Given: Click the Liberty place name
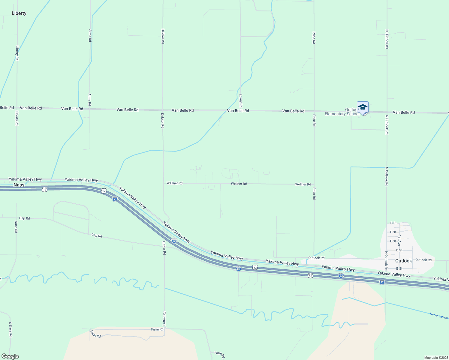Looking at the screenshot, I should pos(19,13).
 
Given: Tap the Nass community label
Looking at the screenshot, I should pos(19,185).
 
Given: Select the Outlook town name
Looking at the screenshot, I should pos(403,261).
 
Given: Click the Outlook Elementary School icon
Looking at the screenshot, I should pos(363,108).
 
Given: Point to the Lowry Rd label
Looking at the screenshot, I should pos(241,101).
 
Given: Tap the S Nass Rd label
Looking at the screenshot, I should pos(10,330).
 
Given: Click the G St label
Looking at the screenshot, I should pos(393,223).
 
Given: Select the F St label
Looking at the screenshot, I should pos(393,232).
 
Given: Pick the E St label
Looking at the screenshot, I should pos(393,241).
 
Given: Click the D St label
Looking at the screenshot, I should pos(399,250).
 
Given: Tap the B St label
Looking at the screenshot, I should pos(399,269).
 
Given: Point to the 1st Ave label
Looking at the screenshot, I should pos(399,241).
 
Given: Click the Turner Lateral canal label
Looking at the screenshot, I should pos(438,316).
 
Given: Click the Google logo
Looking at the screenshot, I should pos(10,356).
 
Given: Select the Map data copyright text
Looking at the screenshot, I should pos(436,358).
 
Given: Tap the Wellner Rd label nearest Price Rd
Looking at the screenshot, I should pos(303,184).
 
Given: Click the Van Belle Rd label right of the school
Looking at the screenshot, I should pos(404,112).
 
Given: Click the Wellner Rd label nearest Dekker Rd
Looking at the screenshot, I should pos(174,183).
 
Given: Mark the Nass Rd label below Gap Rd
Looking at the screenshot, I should pos(16,227).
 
